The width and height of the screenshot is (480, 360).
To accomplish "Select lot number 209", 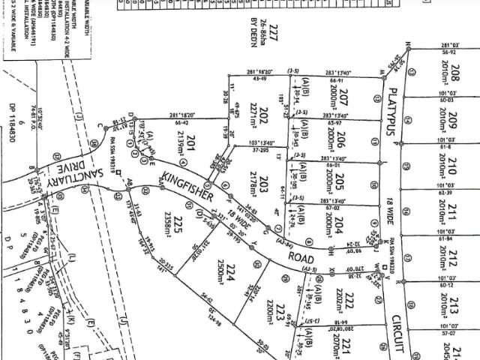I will (454, 118).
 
